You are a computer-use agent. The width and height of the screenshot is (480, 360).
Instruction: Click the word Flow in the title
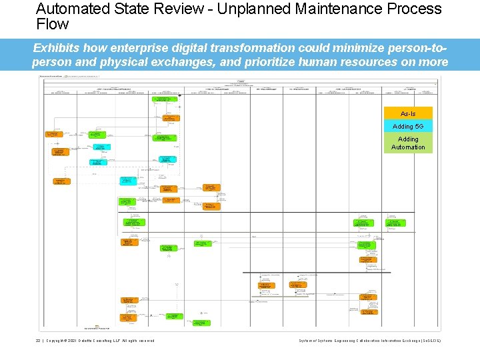click(x=53, y=24)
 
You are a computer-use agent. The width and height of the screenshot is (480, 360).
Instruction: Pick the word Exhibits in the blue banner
click(x=59, y=49)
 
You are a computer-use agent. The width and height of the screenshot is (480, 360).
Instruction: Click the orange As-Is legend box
click(x=408, y=114)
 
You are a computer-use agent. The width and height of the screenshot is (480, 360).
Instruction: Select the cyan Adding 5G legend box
click(x=408, y=127)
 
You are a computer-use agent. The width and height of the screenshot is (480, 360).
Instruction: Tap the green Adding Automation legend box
click(x=408, y=143)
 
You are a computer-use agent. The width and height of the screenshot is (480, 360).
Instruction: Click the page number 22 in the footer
click(x=39, y=341)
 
